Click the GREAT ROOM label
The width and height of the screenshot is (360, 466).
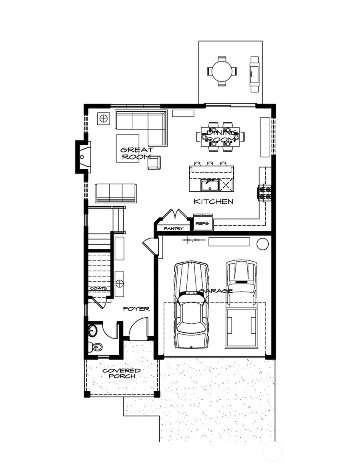[x=137, y=153]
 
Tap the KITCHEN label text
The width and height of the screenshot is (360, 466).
[x=213, y=201]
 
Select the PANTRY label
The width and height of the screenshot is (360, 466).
[x=174, y=228]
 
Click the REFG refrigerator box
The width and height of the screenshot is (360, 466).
[x=202, y=224]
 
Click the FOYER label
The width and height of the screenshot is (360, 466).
[x=136, y=308]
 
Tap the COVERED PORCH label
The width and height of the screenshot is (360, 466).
[x=121, y=373]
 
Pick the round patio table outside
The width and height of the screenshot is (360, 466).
[x=222, y=71]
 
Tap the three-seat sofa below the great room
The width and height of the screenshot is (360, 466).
[x=116, y=193]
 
